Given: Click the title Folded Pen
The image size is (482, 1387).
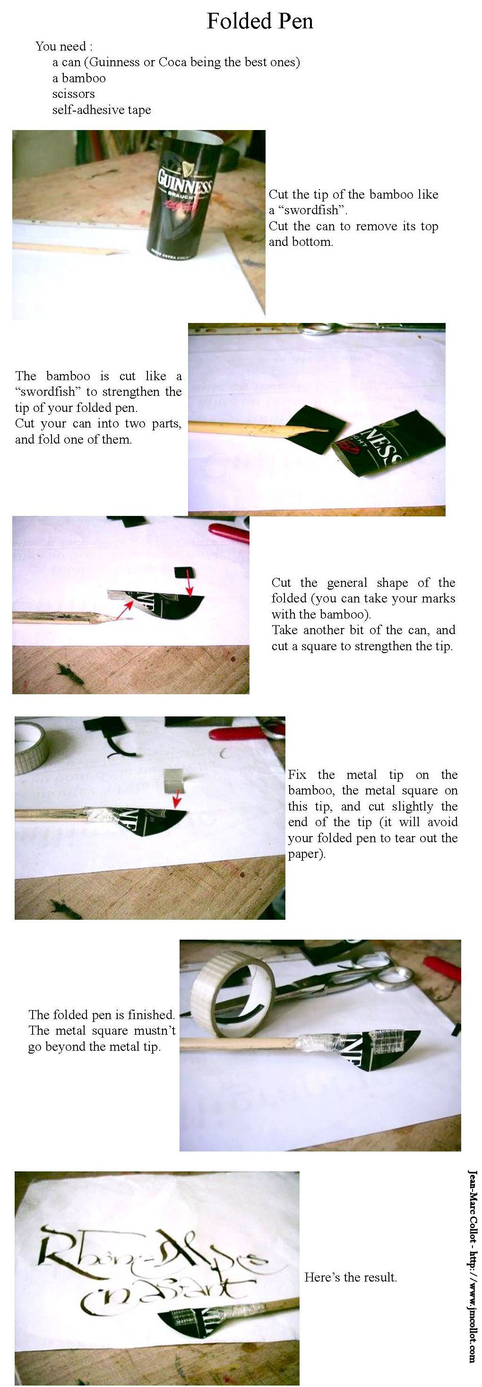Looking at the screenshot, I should click(260, 21).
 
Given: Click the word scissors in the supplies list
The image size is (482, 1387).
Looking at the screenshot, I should click(73, 94).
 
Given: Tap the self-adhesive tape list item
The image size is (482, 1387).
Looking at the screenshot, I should click(101, 110).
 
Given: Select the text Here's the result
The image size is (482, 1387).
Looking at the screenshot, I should click(350, 1277).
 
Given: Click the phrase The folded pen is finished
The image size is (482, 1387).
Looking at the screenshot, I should click(101, 1015).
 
